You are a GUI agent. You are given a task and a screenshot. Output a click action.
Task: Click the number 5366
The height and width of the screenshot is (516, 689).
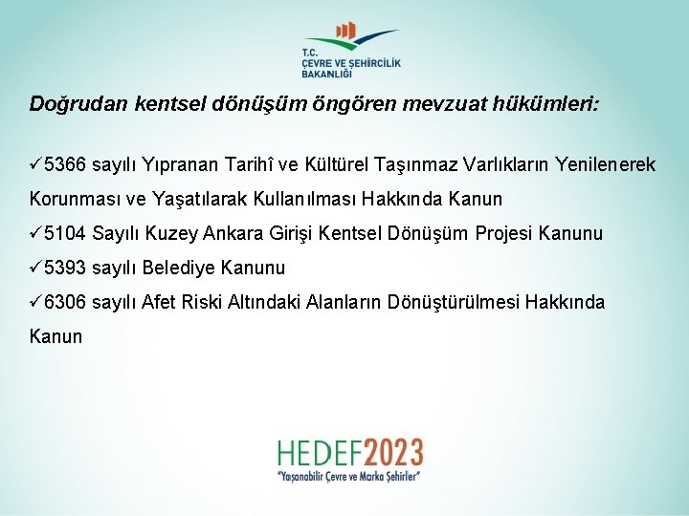click(65, 165)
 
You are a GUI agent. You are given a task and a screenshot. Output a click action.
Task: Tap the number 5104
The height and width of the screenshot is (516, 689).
click(65, 234)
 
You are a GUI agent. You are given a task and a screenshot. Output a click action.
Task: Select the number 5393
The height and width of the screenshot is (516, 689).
click(65, 269)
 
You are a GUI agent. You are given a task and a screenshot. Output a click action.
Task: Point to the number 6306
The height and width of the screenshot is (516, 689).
click(65, 303)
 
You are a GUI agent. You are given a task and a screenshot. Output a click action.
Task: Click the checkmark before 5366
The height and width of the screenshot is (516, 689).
click(36, 164)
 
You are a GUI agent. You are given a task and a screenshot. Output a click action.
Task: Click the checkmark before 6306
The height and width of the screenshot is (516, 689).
click(36, 302)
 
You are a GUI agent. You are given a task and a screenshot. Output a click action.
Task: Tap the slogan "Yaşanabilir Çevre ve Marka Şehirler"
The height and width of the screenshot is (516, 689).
click(349, 475)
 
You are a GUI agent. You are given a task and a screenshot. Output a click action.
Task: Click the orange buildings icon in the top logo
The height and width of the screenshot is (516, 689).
click(347, 32)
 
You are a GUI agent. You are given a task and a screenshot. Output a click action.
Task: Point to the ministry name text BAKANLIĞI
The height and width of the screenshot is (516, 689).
click(327, 74)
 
